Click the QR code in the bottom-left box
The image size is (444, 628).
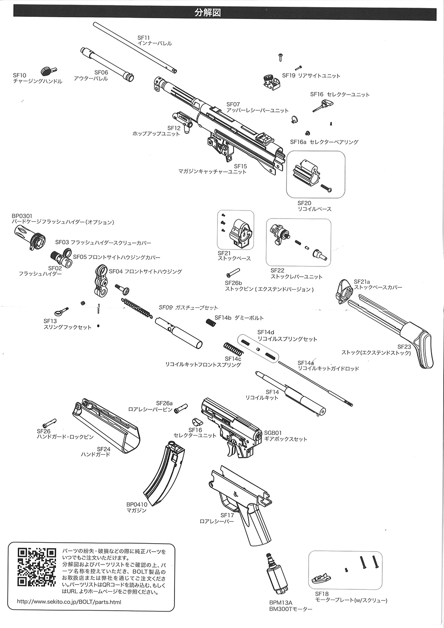[37, 567]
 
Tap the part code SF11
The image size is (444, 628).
[144, 38]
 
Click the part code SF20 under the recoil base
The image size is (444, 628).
[305, 203]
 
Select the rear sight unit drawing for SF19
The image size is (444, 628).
[270, 81]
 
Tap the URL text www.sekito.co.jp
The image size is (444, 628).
[69, 602]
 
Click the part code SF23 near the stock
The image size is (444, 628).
[404, 347]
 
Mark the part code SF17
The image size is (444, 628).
[227, 515]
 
